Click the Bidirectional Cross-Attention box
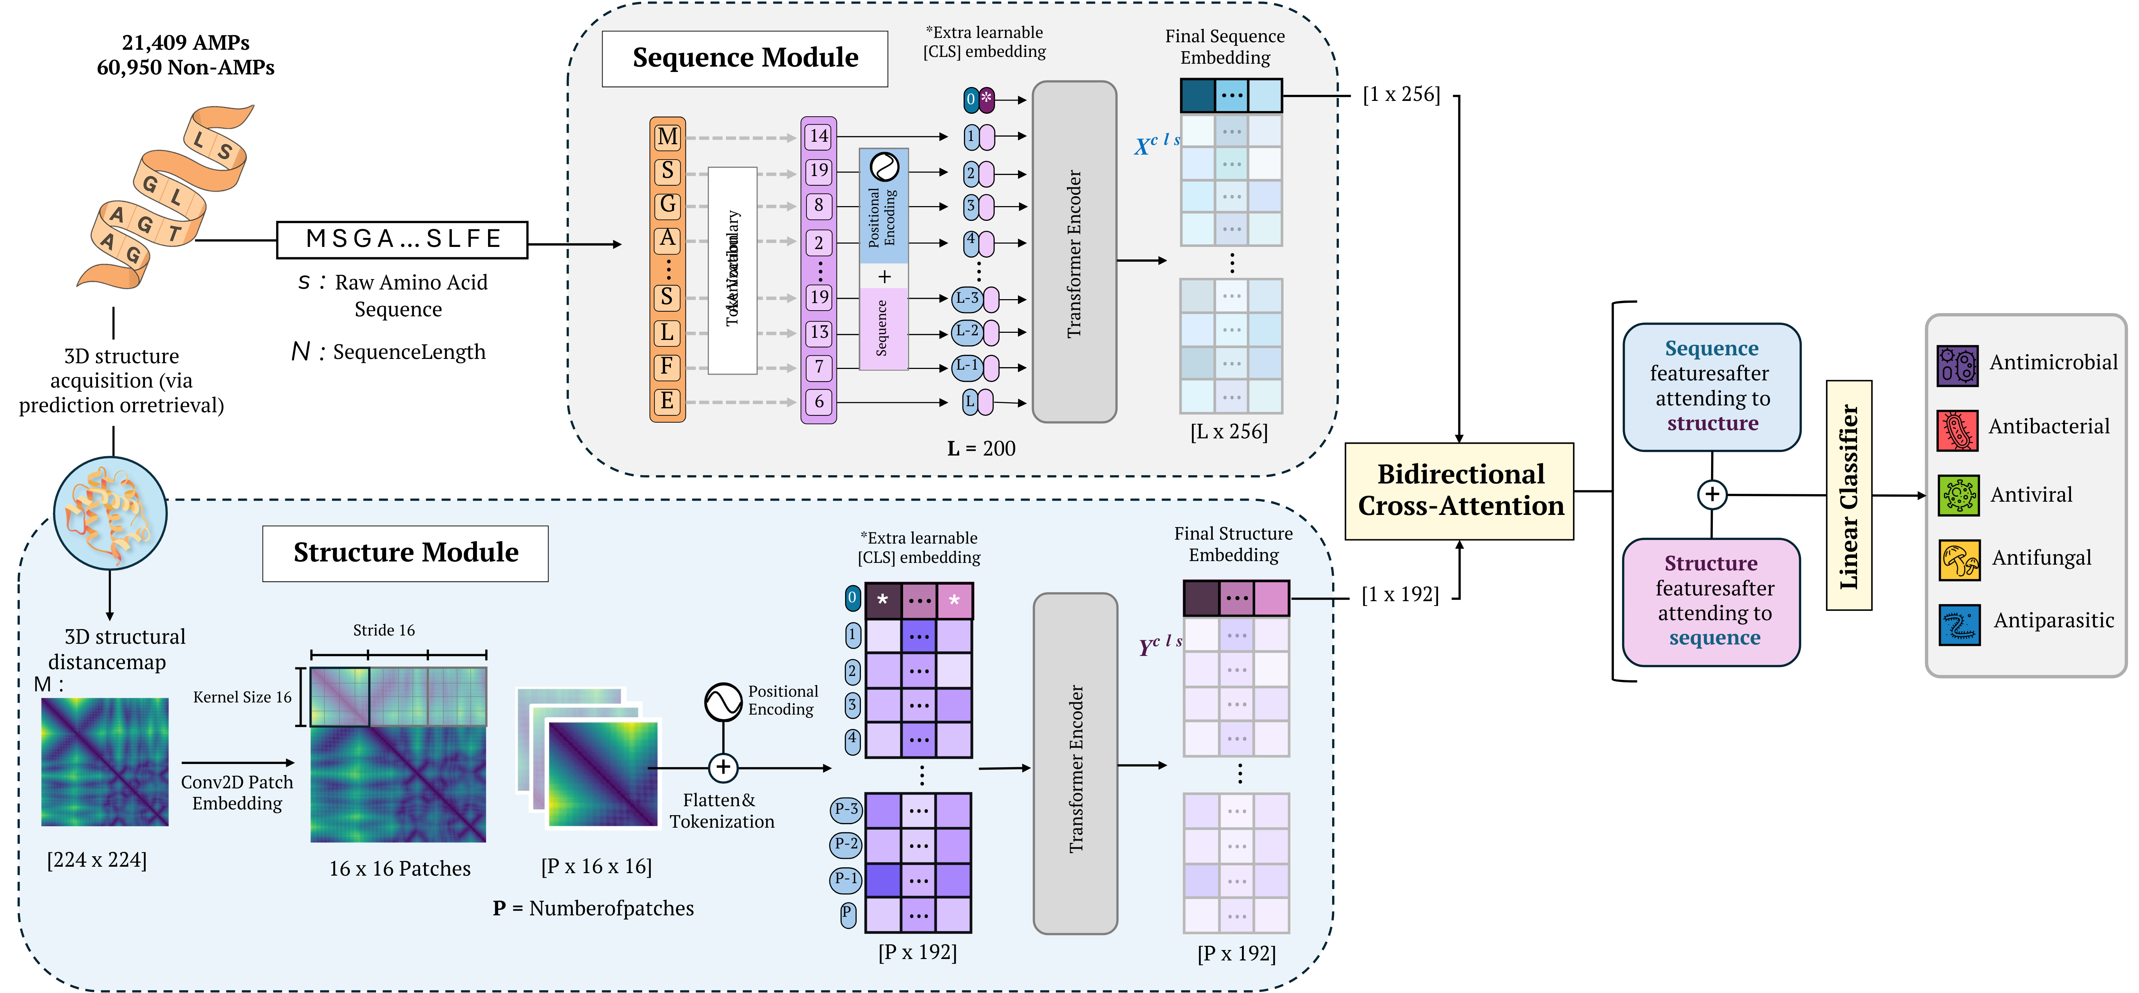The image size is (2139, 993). (x=1459, y=491)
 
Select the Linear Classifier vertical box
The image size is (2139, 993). (x=1848, y=496)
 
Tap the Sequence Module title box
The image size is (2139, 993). (x=745, y=58)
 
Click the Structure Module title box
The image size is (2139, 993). (x=405, y=553)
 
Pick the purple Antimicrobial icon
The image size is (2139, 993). (x=1957, y=365)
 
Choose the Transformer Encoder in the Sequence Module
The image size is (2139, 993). (x=1074, y=252)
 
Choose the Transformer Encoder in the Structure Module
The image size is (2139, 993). (x=1075, y=764)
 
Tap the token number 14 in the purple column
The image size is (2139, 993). (x=819, y=136)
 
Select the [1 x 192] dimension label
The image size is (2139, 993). (x=1400, y=594)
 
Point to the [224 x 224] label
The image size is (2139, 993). (x=97, y=859)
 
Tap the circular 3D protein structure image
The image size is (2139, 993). (x=111, y=513)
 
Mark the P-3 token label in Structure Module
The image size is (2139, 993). (x=846, y=809)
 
